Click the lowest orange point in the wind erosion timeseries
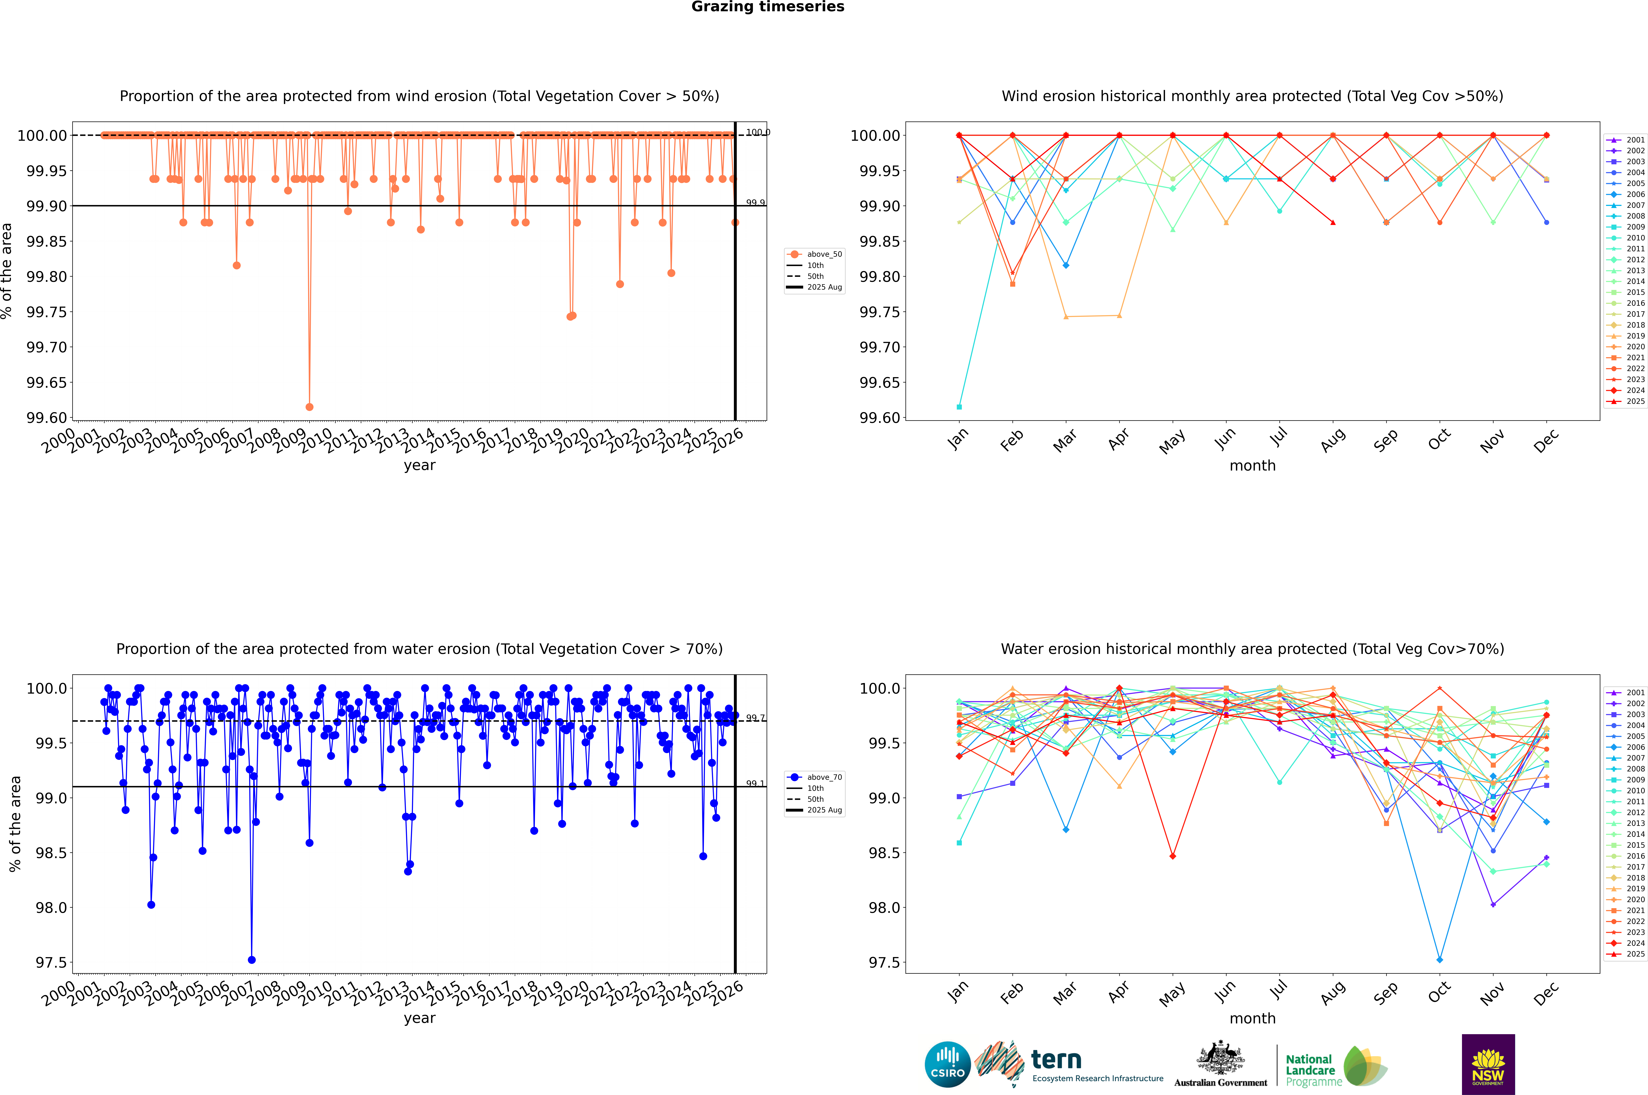click(x=309, y=406)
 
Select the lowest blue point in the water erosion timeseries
click(x=252, y=959)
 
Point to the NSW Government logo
click(x=1488, y=1064)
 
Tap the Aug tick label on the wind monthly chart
click(x=1333, y=440)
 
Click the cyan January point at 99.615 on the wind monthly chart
click(x=959, y=406)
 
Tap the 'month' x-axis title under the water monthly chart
click(x=1252, y=1018)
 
